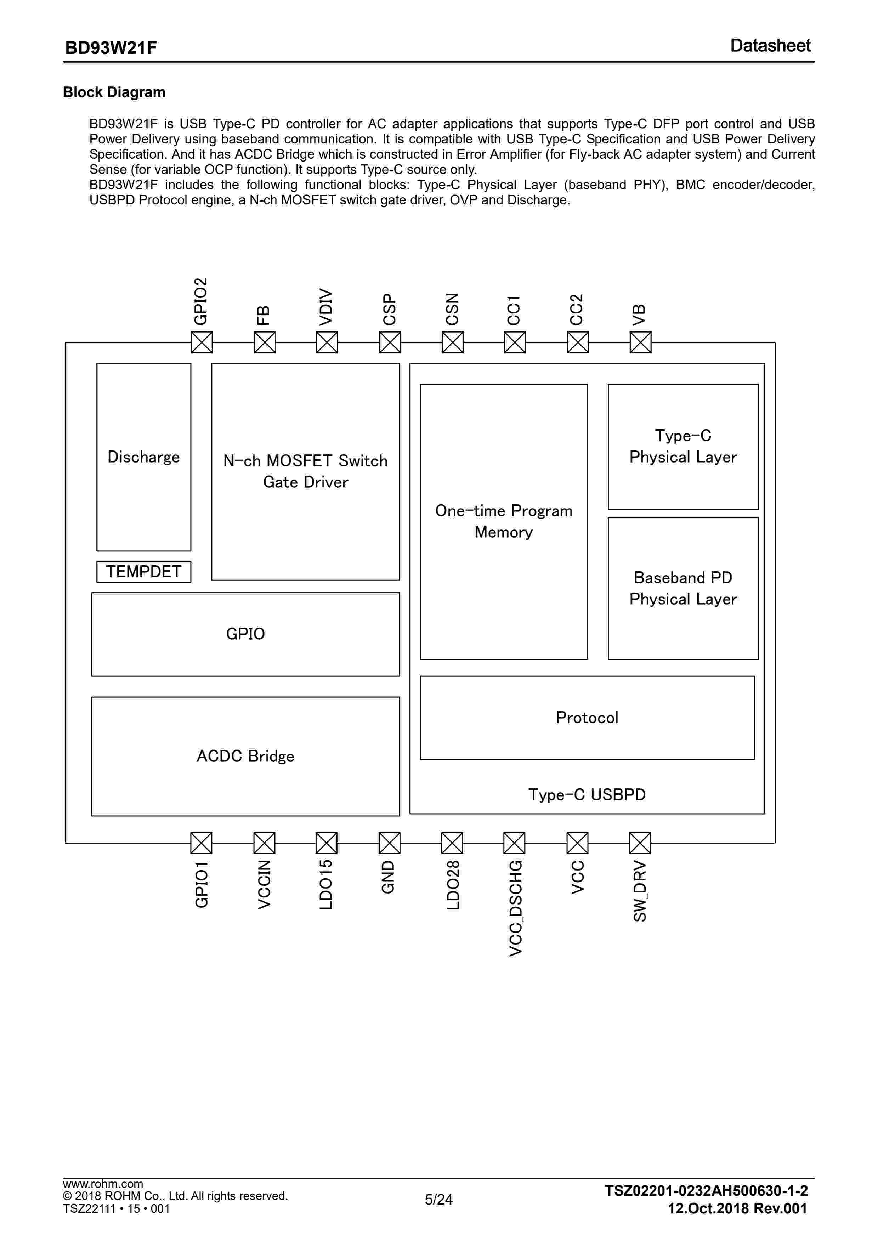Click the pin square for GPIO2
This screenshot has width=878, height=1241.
202,342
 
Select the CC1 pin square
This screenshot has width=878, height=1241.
514,342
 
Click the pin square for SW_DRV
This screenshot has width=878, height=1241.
640,843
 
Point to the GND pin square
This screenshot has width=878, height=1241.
389,843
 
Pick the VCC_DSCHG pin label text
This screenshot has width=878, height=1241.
516,908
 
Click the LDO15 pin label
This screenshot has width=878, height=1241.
325,885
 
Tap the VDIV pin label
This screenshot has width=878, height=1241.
325,307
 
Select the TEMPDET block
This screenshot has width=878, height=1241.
144,571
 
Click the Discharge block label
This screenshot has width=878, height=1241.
144,457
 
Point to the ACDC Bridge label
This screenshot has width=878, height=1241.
245,756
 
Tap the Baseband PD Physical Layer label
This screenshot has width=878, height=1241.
683,588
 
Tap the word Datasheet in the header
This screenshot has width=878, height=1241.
770,46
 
